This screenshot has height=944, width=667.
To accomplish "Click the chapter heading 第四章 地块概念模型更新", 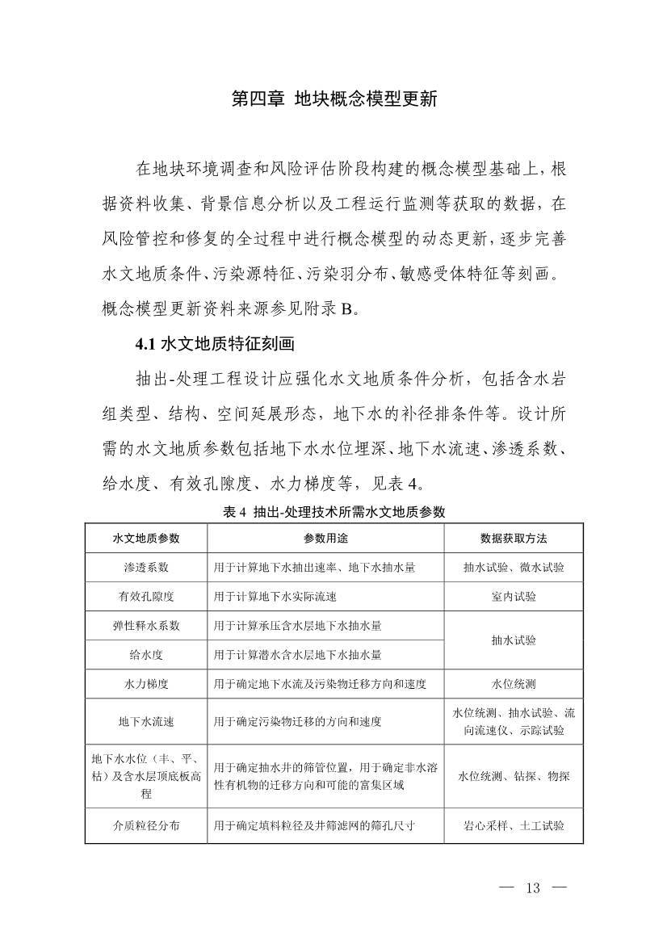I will click(333, 100).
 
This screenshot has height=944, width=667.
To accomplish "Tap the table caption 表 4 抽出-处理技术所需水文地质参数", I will click(333, 511).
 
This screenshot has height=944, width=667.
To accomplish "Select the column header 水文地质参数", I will click(146, 539).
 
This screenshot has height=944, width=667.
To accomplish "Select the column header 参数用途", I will click(325, 539).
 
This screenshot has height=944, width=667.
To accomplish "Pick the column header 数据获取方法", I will click(514, 539).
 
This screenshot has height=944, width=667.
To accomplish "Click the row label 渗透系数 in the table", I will click(146, 568).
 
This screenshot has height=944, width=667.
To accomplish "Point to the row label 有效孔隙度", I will click(146, 597).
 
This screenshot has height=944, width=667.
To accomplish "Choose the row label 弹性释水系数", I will click(146, 626).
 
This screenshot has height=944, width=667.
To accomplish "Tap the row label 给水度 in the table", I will click(146, 654).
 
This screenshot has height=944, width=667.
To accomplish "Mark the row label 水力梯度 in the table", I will click(146, 684).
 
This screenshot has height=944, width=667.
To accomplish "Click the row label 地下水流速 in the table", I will click(146, 722).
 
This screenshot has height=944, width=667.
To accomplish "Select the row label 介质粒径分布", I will click(146, 826).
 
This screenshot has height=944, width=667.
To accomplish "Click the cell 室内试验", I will click(514, 597).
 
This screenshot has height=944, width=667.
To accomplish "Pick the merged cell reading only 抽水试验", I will click(514, 640).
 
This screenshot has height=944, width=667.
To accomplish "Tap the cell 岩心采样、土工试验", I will click(514, 826).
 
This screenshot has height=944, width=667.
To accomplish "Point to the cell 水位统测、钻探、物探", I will click(514, 776).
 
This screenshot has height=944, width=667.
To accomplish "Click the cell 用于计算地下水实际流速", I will click(275, 597).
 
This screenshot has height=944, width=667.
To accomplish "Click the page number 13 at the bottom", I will click(532, 889).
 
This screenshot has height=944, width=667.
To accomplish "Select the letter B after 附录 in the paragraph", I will click(347, 308).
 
